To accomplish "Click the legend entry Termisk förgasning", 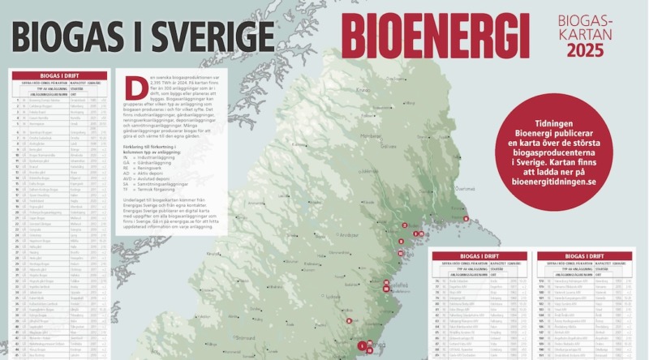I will [153, 191].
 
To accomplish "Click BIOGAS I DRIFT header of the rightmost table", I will [583, 256].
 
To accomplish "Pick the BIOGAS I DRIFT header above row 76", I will [479, 256].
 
